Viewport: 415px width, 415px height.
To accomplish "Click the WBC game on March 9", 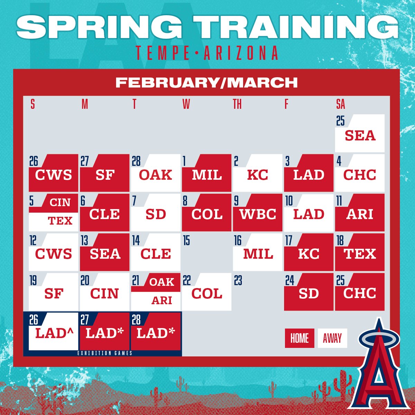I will coord(258,214).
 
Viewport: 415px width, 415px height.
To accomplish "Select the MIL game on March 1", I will coord(207,175).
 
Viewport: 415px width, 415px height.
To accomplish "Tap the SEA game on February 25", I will coord(360,135).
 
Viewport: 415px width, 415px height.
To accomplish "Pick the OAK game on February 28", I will coord(156,175).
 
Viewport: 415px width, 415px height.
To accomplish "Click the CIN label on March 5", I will coord(60,202).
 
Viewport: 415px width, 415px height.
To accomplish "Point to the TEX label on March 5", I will coord(60,221).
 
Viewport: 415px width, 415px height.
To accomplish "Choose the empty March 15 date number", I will coord(187,241).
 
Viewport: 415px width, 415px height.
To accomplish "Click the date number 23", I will coord(238,280).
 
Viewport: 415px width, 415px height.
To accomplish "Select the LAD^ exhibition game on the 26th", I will coord(54,333).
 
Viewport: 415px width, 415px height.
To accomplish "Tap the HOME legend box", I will coord(299,338).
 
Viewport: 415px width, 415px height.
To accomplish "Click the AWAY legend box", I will coord(332,338).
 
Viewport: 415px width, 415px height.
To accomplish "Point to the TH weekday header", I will coord(237,104).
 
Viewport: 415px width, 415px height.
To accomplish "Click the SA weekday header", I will coord(340,104).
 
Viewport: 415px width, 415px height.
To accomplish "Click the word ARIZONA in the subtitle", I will coord(241,53).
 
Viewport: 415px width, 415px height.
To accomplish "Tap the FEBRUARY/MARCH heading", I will coord(206,83).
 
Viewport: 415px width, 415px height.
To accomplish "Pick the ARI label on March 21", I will coord(162,300).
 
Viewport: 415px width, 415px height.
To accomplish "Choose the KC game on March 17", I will coord(308,254).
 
